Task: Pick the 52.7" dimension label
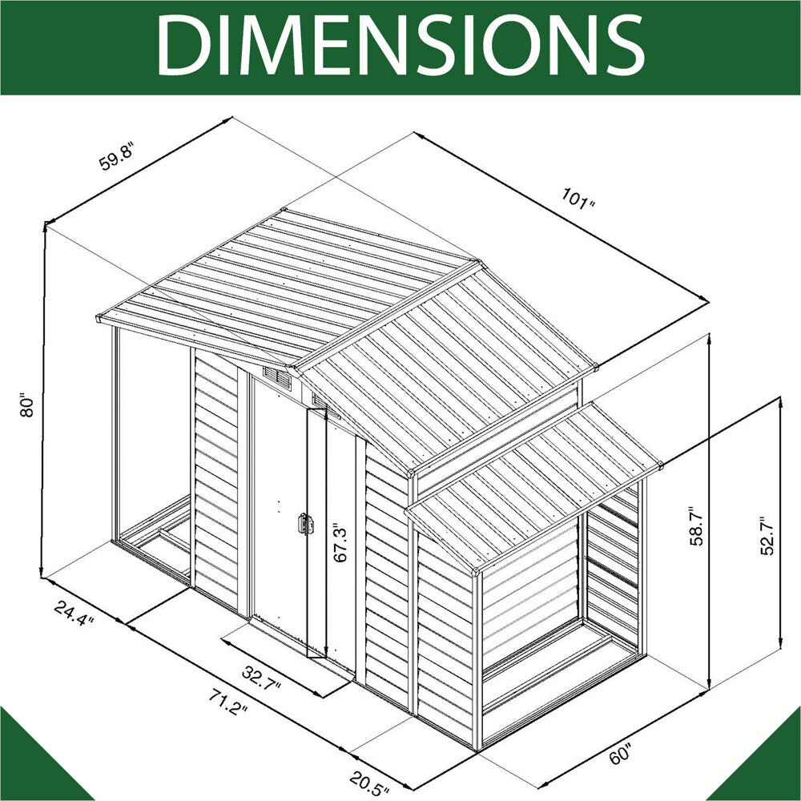tap(768, 535)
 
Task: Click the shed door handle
tap(304, 524)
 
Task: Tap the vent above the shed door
tap(276, 377)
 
